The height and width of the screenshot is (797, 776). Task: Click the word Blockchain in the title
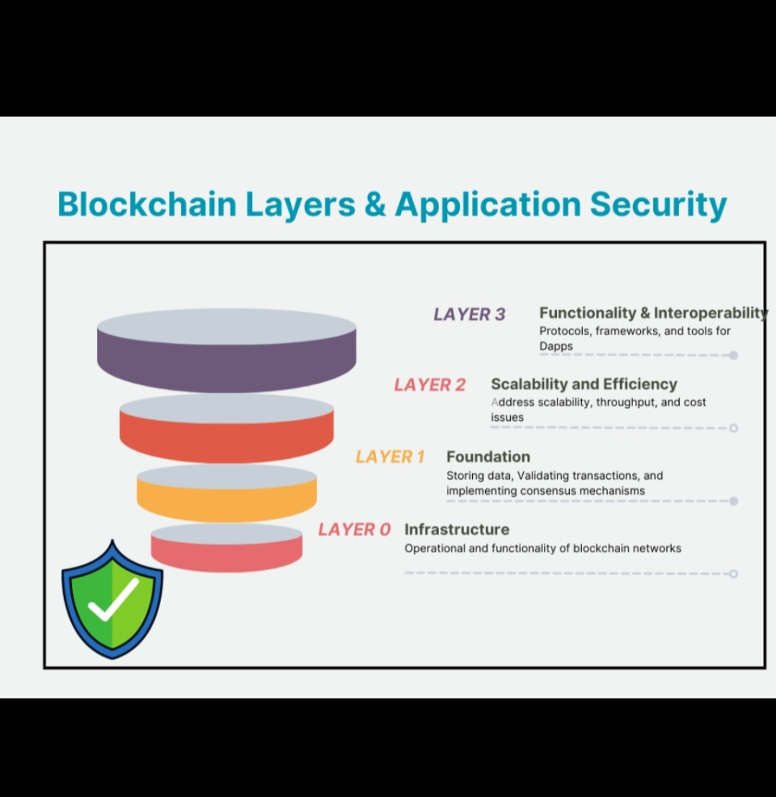147,204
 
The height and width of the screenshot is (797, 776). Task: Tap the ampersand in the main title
374,204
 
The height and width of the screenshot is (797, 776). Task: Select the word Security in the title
658,204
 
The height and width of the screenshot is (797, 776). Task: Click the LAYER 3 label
469,314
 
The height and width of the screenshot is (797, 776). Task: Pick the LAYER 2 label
430,385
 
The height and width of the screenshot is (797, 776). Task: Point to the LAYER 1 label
390,457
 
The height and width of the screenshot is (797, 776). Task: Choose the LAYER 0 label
354,530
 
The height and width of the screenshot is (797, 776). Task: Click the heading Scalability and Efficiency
583,384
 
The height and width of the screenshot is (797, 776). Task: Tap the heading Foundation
488,457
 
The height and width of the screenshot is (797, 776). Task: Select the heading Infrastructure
456,529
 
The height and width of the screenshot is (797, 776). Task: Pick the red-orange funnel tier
226,438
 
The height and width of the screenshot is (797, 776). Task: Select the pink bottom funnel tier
226,554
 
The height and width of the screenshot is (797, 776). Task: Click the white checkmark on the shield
113,599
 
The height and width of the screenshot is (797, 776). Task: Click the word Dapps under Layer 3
556,346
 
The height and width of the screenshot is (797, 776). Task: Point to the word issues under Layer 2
507,417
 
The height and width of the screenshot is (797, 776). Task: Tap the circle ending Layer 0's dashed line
733,574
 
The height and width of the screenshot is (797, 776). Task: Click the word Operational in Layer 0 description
435,549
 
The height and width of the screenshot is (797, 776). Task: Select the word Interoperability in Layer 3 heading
711,313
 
